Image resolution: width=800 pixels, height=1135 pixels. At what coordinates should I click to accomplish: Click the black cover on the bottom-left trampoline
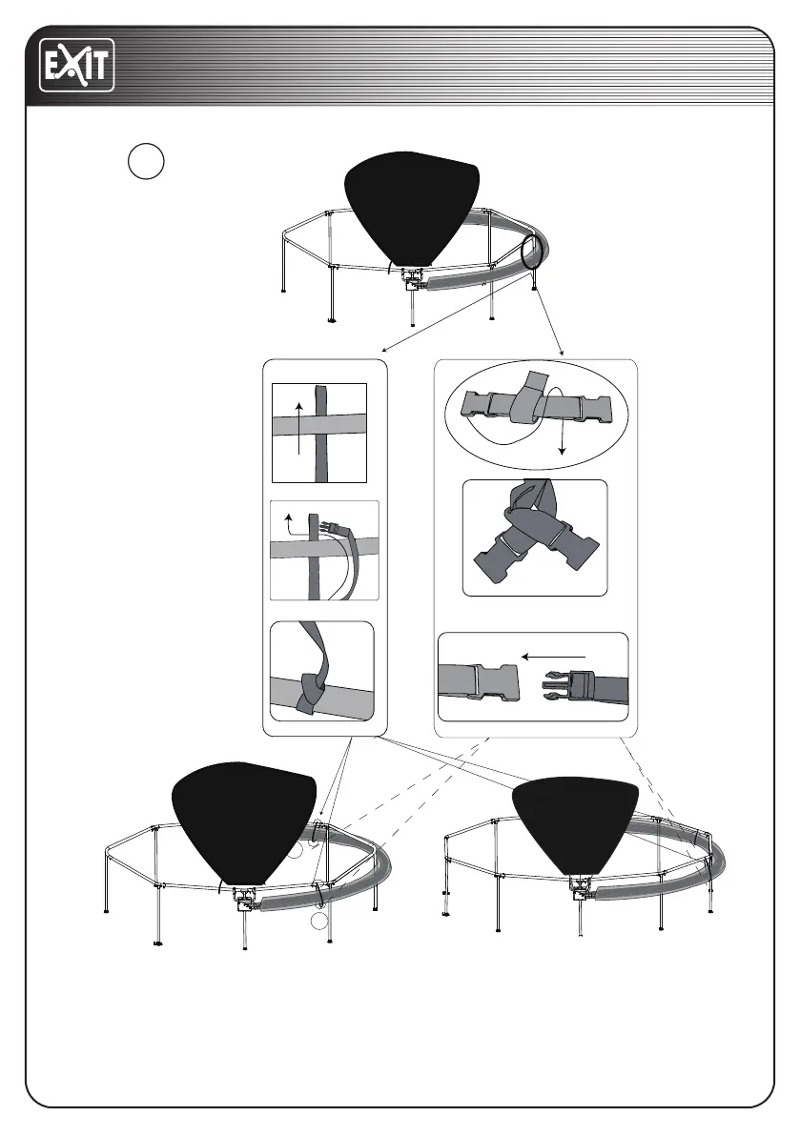(242, 821)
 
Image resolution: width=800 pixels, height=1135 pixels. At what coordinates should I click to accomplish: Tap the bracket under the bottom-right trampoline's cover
(580, 888)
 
